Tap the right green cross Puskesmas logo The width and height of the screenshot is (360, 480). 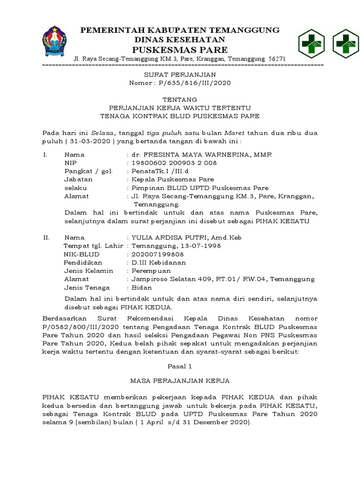(x=345, y=43)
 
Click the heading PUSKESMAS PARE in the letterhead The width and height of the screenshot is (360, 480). (x=180, y=50)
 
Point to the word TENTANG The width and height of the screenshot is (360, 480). (x=180, y=99)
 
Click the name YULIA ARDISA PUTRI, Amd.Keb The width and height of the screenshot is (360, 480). (x=186, y=238)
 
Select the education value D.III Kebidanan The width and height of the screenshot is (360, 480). (x=158, y=262)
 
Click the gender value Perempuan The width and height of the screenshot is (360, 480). (x=151, y=271)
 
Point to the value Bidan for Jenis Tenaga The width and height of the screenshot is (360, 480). (x=141, y=288)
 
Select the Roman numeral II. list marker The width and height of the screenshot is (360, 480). (x=46, y=238)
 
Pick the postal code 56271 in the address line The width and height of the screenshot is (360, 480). (x=277, y=59)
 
